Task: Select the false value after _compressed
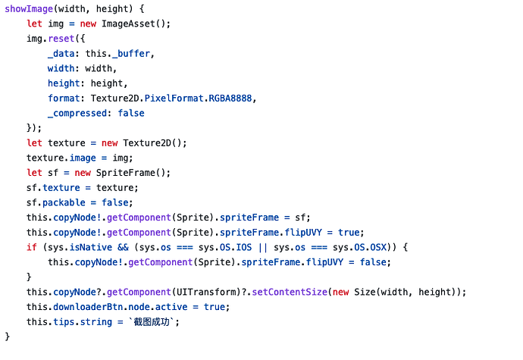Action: click(130, 113)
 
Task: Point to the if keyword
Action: click(31, 247)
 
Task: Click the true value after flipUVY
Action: click(349, 232)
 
